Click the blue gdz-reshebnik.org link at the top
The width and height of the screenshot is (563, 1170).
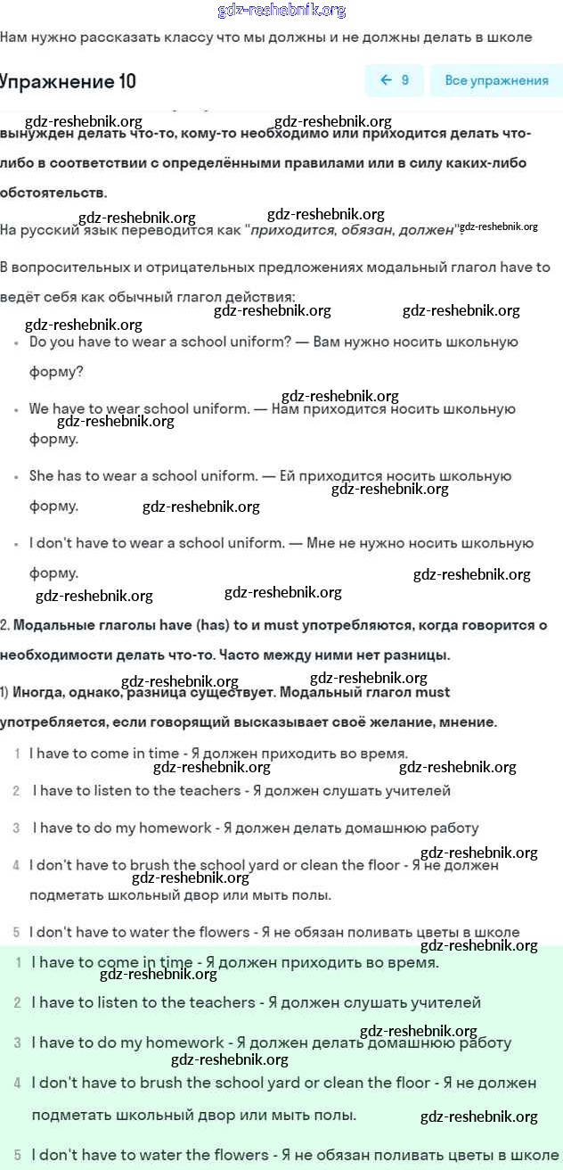(x=281, y=11)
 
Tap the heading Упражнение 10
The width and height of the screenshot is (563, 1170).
(x=69, y=81)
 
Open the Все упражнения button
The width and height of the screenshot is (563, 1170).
(x=496, y=80)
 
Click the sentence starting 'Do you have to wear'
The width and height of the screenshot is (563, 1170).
(x=160, y=342)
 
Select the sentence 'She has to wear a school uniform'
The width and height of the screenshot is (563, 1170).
(x=143, y=476)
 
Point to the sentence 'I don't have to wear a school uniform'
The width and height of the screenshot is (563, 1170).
(x=156, y=543)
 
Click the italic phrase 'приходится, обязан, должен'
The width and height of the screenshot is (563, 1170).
(x=353, y=230)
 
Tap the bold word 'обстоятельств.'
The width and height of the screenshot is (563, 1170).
(x=53, y=192)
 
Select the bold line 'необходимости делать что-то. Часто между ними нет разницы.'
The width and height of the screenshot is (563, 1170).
(x=224, y=655)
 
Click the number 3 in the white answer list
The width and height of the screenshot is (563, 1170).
(x=16, y=828)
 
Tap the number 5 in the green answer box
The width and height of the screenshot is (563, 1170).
(x=18, y=1154)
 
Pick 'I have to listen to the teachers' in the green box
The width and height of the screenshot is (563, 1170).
(x=143, y=1002)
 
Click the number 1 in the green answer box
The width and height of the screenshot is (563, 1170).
(x=18, y=963)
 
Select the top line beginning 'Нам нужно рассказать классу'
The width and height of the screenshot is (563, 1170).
(x=265, y=37)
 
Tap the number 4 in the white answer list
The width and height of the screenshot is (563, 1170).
(x=16, y=865)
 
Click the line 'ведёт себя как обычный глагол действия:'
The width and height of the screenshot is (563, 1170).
(x=147, y=297)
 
